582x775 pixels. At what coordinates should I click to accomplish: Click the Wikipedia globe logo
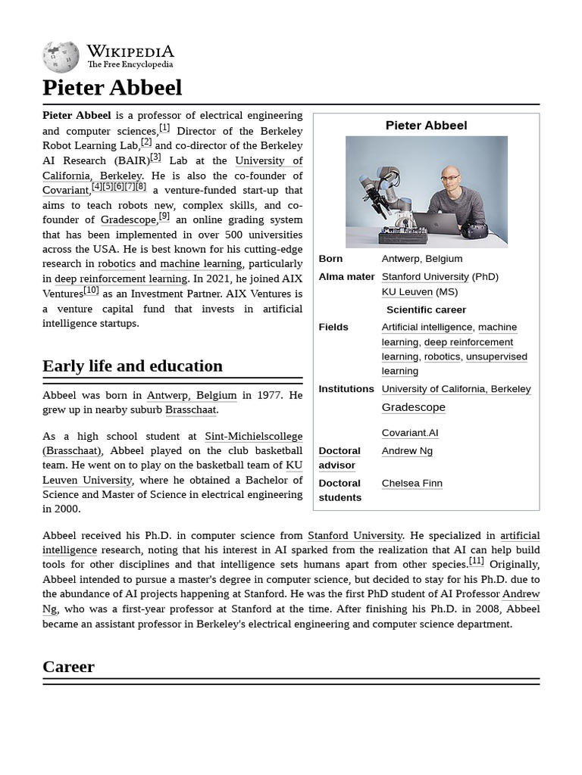61,57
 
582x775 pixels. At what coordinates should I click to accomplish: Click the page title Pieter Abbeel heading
112,88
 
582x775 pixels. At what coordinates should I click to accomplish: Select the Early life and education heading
133,366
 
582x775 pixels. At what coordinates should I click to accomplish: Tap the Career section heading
68,667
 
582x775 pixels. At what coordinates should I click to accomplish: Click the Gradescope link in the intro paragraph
128,219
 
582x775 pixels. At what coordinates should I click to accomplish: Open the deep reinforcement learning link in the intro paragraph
120,279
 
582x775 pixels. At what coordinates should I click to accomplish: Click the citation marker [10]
91,290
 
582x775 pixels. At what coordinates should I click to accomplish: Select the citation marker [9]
164,216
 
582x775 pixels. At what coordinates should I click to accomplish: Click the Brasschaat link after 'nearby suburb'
191,409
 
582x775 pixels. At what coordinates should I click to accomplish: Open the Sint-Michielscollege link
253,436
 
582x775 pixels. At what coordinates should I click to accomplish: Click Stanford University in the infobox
425,277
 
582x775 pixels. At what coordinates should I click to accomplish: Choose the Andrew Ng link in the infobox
407,451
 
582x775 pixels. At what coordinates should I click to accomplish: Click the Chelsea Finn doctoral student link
411,484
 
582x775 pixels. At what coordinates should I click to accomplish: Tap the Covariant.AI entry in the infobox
410,433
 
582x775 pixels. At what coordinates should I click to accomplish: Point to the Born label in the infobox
330,259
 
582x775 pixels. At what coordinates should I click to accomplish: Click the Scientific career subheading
426,310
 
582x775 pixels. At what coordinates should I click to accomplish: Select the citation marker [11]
476,561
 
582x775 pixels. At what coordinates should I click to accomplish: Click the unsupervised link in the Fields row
496,356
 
